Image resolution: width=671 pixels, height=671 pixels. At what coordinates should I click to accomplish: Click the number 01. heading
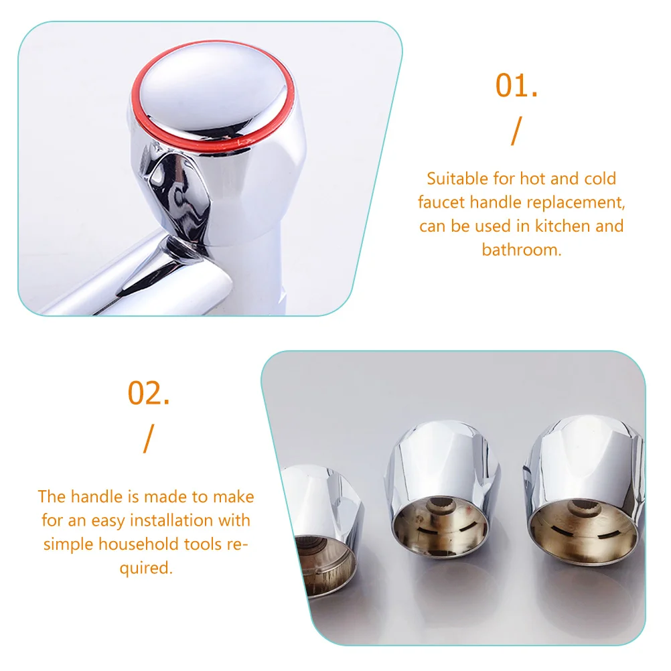(516, 86)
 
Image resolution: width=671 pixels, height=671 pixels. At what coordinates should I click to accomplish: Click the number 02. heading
(149, 393)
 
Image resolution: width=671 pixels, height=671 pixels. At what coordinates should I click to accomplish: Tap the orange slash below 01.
(517, 131)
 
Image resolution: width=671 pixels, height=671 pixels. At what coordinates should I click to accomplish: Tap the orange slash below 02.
(149, 439)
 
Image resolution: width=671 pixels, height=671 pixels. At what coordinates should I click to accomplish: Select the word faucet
(441, 202)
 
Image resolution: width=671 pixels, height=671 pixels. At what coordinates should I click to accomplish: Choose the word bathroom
(521, 250)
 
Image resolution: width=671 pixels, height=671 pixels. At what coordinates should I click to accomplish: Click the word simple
(69, 544)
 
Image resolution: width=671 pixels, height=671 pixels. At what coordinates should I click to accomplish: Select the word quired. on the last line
(146, 569)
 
